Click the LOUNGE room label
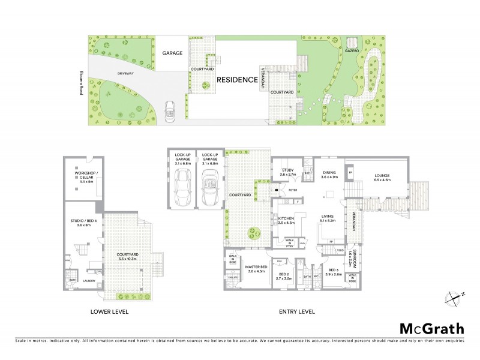click(382, 176)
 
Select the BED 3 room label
click(333, 271)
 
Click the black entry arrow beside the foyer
click(276, 190)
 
